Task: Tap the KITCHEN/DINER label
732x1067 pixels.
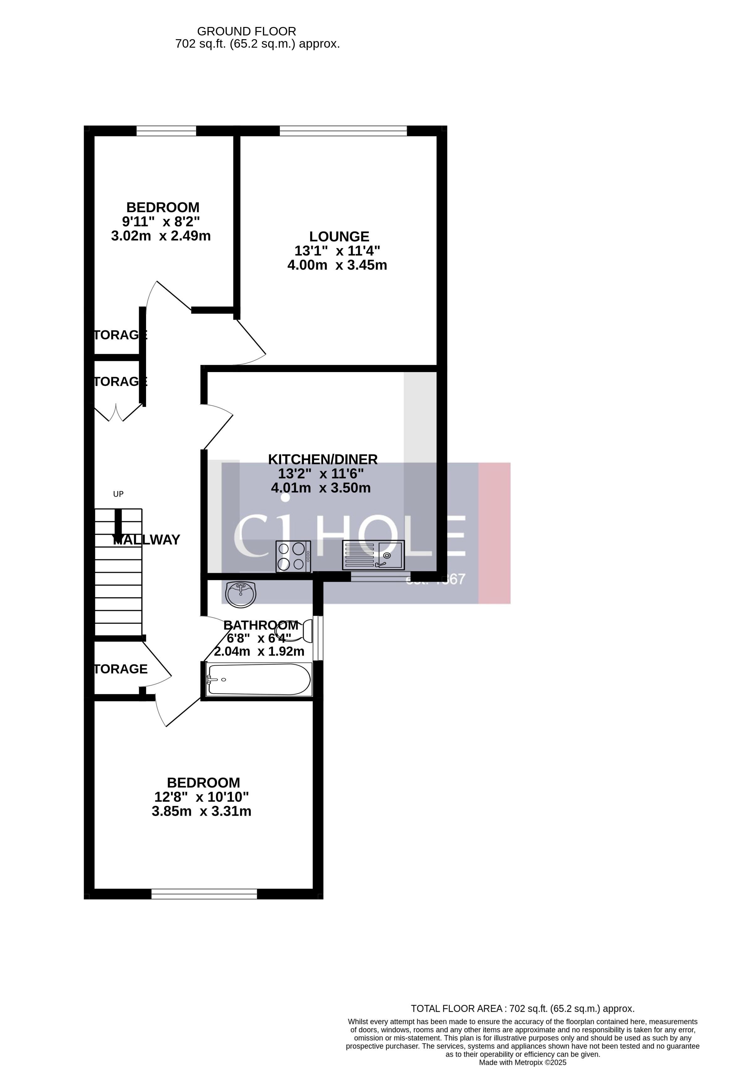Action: [323, 459]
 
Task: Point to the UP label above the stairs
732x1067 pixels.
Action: [118, 494]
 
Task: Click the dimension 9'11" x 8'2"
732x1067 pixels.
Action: [161, 222]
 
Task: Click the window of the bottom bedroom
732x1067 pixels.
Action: [204, 893]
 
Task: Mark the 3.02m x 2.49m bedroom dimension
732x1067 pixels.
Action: [161, 236]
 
